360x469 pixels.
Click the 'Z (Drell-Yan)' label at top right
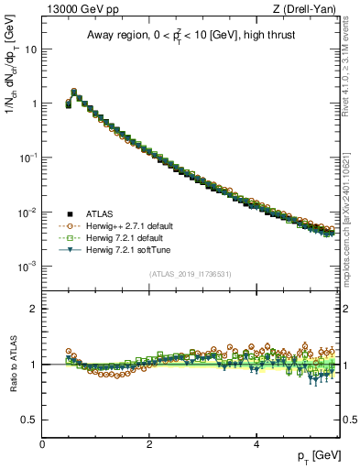point(309,9)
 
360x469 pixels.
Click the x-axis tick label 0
point(43,443)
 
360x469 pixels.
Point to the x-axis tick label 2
point(149,443)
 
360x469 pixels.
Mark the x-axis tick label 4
point(256,443)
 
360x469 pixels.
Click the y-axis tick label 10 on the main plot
point(30,49)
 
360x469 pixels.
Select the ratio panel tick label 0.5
point(28,419)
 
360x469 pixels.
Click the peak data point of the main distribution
point(74,92)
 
